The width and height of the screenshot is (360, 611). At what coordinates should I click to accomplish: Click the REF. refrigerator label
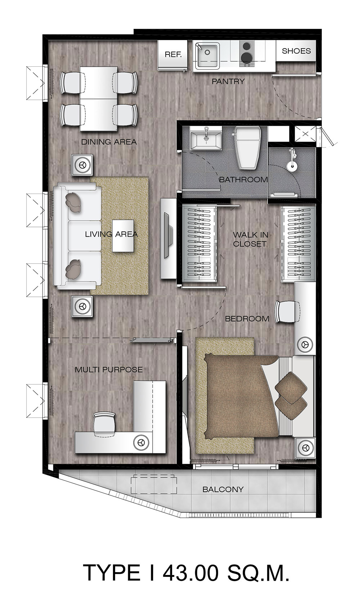tap(173, 54)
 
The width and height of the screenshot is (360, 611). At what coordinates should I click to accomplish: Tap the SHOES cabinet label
tap(296, 51)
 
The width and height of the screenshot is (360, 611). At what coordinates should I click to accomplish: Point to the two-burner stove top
tap(247, 54)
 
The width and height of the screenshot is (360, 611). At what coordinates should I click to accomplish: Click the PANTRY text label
tap(228, 81)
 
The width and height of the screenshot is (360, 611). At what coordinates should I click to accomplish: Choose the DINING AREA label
tap(109, 142)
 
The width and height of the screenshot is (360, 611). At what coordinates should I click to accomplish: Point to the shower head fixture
tap(292, 160)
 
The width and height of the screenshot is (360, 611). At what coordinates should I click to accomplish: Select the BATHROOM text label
tap(243, 179)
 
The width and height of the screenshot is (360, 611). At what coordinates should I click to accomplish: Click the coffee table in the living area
tap(123, 236)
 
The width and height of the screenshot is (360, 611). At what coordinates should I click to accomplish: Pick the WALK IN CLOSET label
tap(250, 239)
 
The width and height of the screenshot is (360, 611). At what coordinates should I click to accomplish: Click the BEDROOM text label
tap(247, 318)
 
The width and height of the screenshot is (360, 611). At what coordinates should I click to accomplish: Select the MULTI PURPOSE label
tap(109, 370)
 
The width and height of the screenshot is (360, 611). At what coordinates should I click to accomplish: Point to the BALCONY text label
tap(223, 489)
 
